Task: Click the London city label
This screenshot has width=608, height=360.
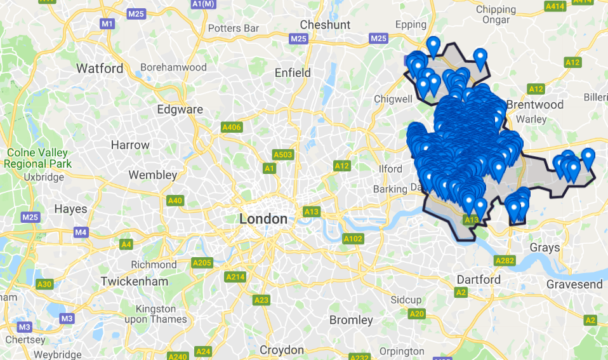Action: pyautogui.click(x=263, y=219)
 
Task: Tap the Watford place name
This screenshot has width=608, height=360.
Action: pyautogui.click(x=100, y=68)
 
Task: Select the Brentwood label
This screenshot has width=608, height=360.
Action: pyautogui.click(x=535, y=104)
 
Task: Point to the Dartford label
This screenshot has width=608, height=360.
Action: pyautogui.click(x=479, y=279)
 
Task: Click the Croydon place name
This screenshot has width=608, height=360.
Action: pyautogui.click(x=282, y=350)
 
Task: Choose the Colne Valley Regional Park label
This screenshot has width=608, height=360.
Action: pyautogui.click(x=38, y=158)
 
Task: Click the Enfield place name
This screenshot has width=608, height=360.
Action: pyautogui.click(x=293, y=73)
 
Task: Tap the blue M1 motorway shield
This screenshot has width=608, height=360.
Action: pyautogui.click(x=107, y=23)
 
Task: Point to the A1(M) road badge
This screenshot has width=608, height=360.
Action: pyautogui.click(x=203, y=4)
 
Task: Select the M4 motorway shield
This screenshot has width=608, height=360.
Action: pyautogui.click(x=81, y=232)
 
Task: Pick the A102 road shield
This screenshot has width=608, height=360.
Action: pyautogui.click(x=352, y=239)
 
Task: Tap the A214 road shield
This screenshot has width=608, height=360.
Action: pyautogui.click(x=235, y=276)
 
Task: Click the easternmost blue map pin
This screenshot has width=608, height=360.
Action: pyautogui.click(x=588, y=156)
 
